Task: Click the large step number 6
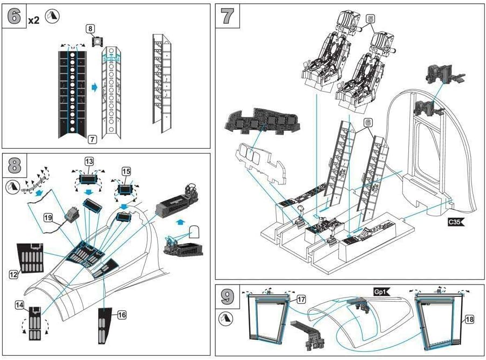[14, 16]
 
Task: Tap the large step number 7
[227, 16]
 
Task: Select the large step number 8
[14, 165]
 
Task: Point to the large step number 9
[227, 296]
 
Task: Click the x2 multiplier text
[33, 20]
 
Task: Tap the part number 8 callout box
[90, 29]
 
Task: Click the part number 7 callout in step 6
[92, 140]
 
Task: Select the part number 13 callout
[89, 161]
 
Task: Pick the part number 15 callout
[126, 171]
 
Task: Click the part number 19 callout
[47, 218]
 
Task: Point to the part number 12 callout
[13, 274]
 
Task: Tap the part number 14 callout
[19, 305]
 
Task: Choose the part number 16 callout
[122, 315]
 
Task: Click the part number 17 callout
[301, 299]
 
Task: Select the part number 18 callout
[470, 319]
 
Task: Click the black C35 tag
[456, 222]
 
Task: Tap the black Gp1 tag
[381, 292]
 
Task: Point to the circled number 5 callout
[371, 19]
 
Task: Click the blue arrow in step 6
[94, 87]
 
